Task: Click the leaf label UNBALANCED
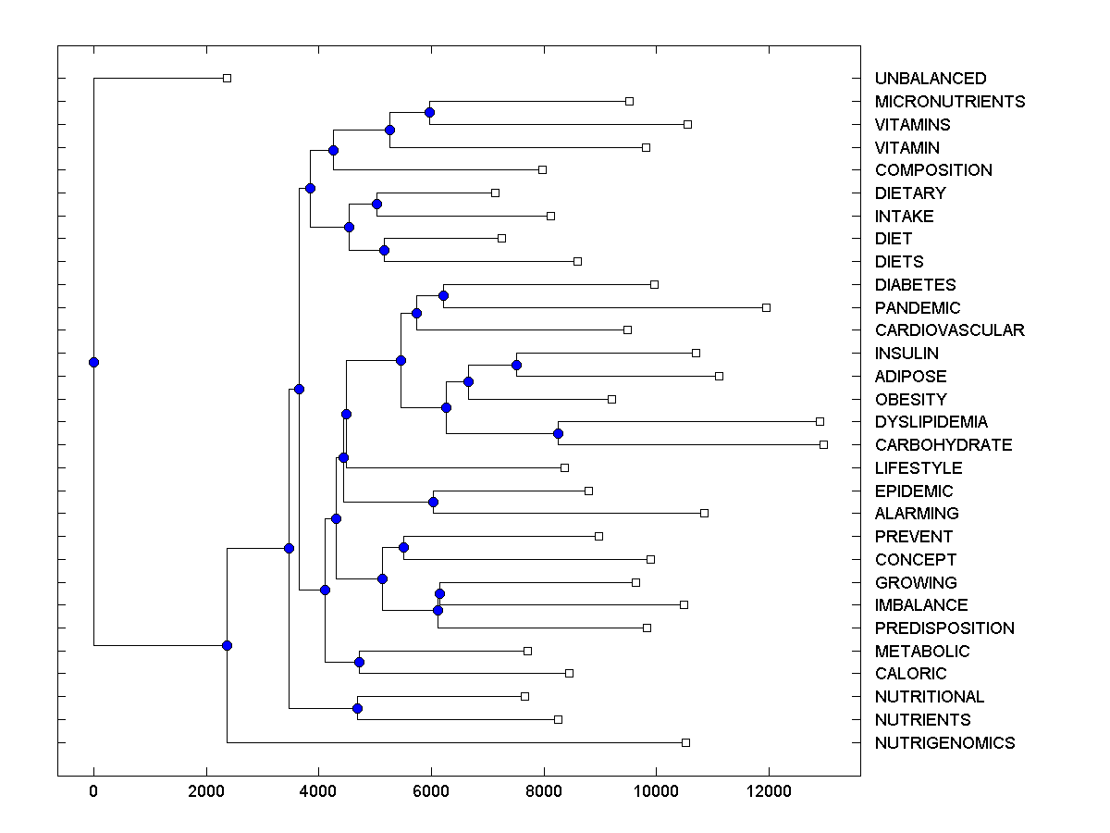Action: [x=931, y=79]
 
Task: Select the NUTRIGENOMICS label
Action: [x=944, y=743]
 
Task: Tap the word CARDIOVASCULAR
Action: [x=950, y=330]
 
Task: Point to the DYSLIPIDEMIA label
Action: [x=931, y=422]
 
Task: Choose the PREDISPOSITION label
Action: [x=944, y=628]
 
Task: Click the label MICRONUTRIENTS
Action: [x=950, y=102]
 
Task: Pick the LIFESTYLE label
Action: [x=919, y=468]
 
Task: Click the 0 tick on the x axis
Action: [x=93, y=790]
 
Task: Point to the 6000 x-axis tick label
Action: [x=431, y=790]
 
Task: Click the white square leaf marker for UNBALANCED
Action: [x=227, y=79]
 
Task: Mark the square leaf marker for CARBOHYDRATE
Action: [x=823, y=444]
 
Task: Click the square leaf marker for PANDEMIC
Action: [x=766, y=307]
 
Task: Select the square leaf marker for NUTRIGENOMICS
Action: [x=685, y=742]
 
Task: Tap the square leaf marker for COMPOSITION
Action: [x=542, y=169]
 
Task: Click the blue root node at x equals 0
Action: [x=93, y=362]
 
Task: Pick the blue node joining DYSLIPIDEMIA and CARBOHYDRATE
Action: [x=558, y=433]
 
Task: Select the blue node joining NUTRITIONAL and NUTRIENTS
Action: [x=357, y=708]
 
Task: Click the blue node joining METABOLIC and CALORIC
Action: [x=359, y=662]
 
